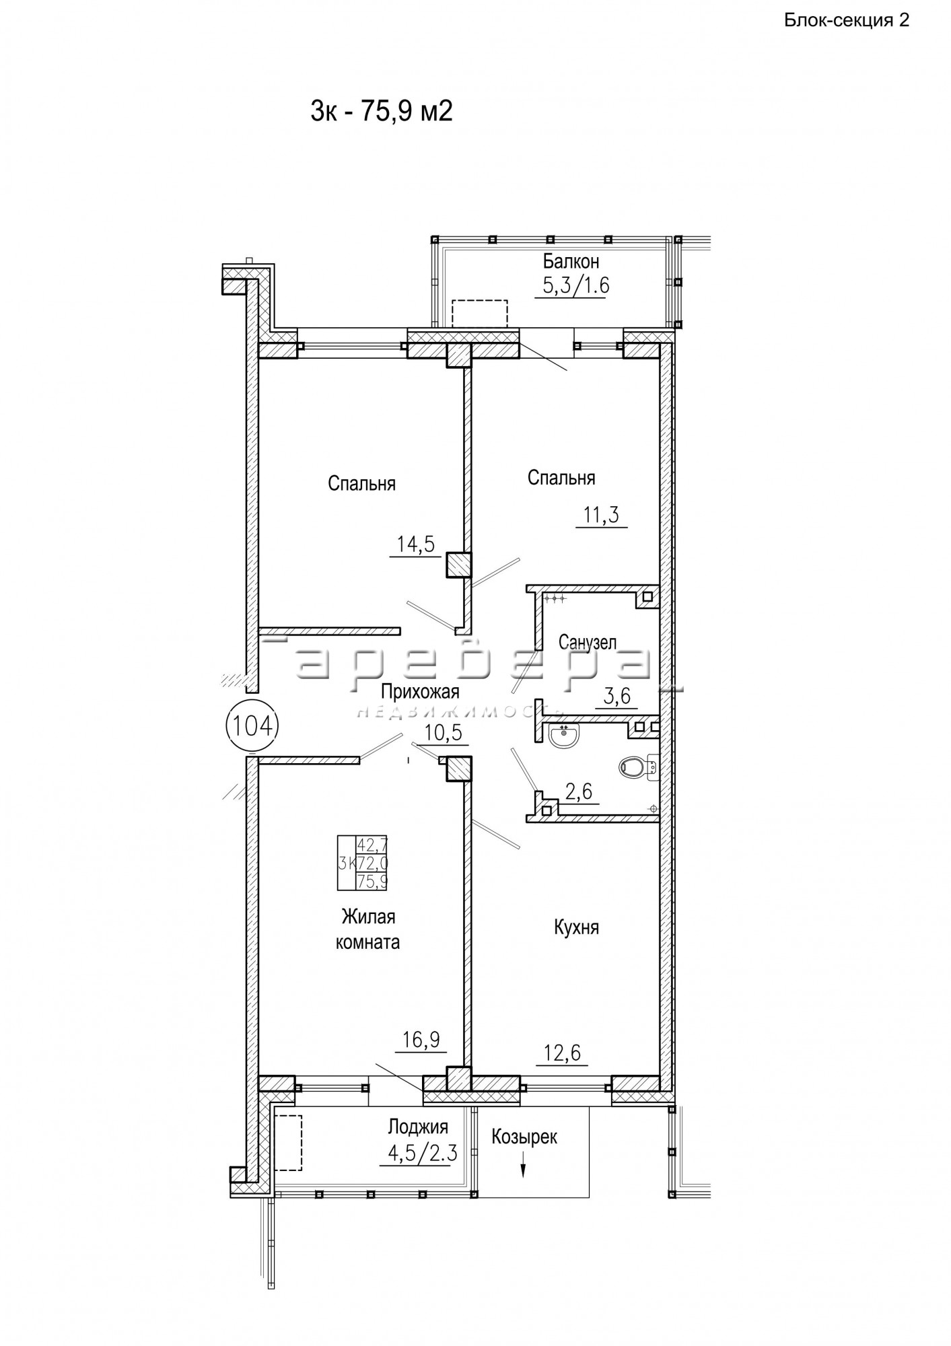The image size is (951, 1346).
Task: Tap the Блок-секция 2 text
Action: (x=847, y=20)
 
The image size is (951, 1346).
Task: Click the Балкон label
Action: (x=571, y=260)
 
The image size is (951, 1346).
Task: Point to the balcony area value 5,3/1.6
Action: (x=575, y=286)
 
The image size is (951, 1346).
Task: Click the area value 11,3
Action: (x=601, y=516)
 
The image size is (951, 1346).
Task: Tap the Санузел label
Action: (x=588, y=643)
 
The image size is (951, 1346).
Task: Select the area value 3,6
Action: (x=617, y=696)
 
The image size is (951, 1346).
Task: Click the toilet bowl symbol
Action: (x=638, y=767)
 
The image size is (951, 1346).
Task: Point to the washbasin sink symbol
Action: (x=563, y=736)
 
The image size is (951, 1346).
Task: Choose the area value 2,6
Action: (x=579, y=792)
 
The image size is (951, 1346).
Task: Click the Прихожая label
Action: (x=420, y=691)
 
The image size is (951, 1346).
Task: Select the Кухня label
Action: (x=576, y=927)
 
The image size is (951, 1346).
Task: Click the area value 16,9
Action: (x=421, y=1040)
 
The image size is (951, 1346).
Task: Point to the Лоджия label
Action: (x=418, y=1127)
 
